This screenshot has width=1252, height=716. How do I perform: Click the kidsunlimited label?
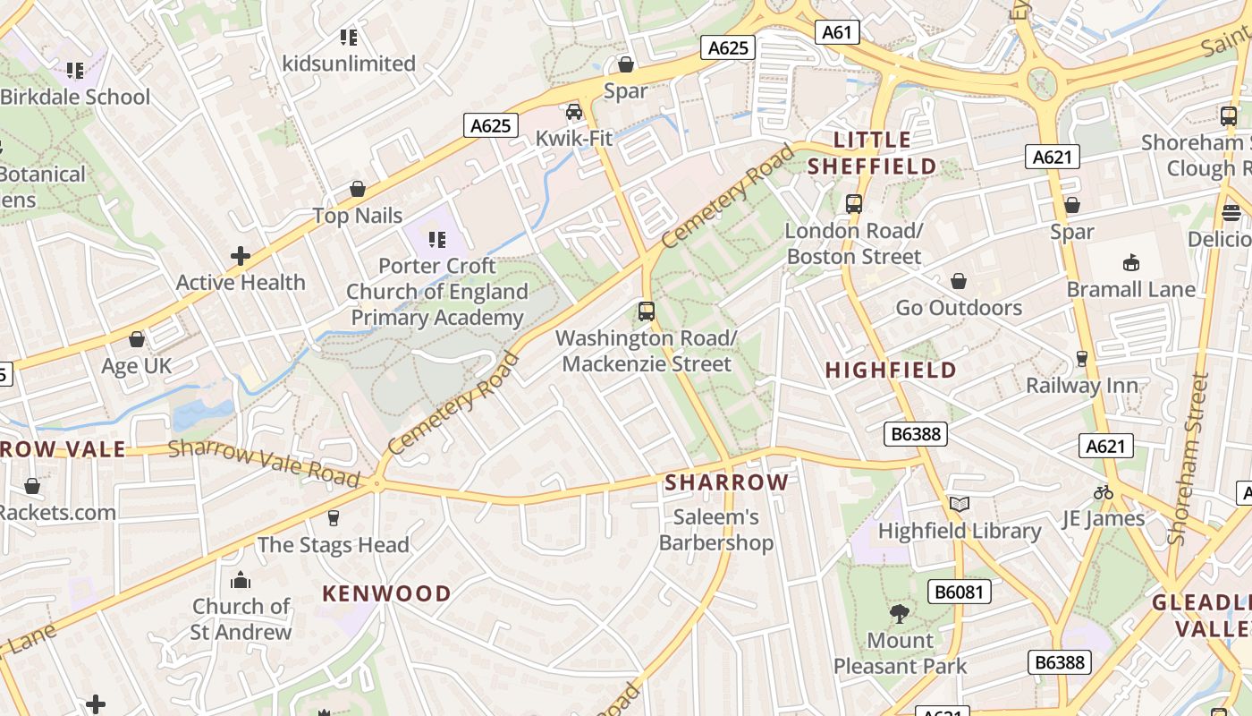coord(349,64)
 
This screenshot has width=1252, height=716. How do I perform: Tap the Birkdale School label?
coord(75,97)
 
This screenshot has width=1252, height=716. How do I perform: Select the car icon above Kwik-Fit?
coord(574,112)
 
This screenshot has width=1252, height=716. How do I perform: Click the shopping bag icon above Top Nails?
coord(358,189)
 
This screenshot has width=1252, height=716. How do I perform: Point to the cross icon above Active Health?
coord(241,256)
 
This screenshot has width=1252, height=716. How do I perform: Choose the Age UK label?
coord(136,366)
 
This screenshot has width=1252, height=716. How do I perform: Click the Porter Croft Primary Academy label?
coord(437,292)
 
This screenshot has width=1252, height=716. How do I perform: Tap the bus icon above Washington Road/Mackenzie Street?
coord(647,311)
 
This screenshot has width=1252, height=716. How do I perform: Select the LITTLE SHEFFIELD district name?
coord(872,153)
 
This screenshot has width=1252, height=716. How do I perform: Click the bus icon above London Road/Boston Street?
coord(854,203)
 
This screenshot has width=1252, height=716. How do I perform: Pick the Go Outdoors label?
coord(959,308)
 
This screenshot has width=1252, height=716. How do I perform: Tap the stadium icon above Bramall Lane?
coord(1131,262)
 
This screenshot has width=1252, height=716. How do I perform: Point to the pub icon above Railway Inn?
coord(1082,359)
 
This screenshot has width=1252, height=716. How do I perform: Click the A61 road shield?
coord(837,33)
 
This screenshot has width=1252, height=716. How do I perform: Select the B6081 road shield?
coord(960,592)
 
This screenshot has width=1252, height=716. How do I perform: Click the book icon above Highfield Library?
coord(960,505)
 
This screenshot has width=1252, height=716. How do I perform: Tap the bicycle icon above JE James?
coord(1104,492)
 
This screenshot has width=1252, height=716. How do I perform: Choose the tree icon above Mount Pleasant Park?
coord(900,614)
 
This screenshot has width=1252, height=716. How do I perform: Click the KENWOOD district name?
coord(386,593)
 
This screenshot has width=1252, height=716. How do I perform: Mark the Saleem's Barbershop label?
coord(716,530)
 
